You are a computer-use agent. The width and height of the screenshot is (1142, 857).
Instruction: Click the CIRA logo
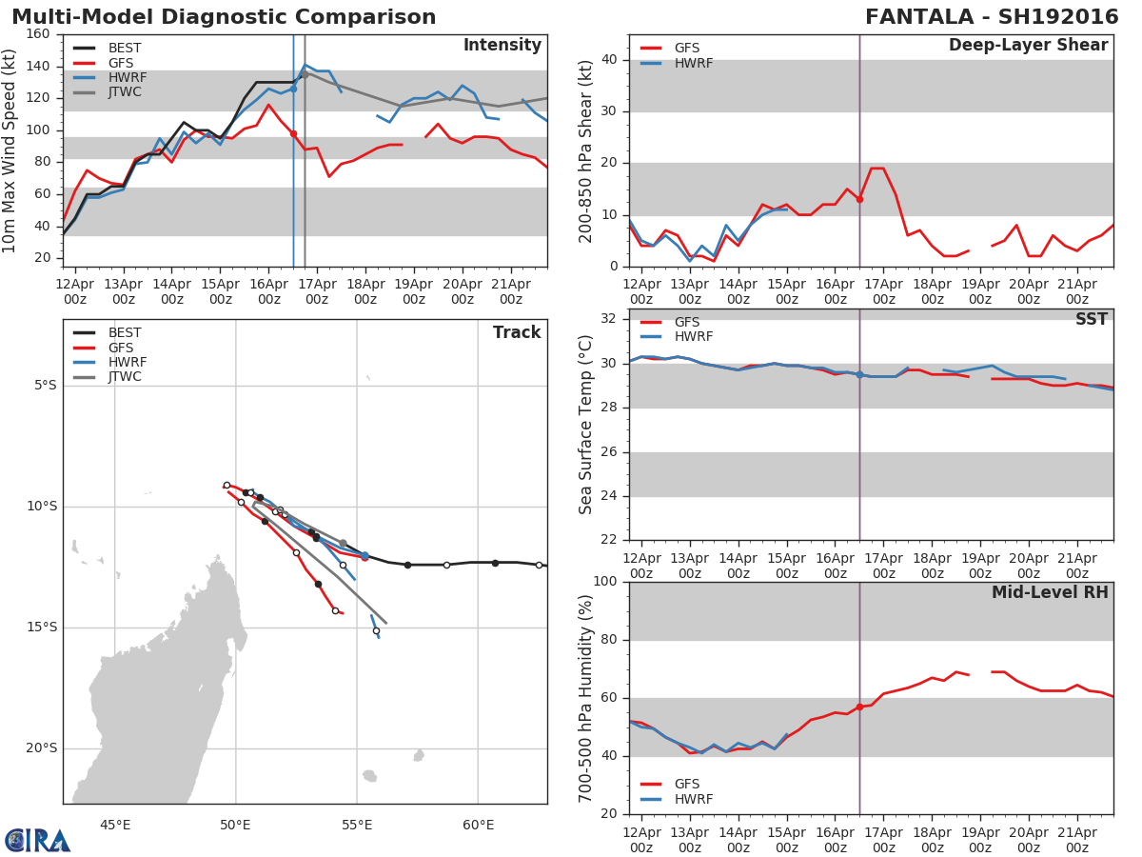point(38,840)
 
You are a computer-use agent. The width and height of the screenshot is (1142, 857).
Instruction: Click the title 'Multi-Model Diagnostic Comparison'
point(224,17)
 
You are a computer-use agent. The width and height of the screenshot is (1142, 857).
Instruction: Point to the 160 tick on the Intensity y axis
point(38,34)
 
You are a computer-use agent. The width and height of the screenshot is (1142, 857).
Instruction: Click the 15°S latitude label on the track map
point(40,627)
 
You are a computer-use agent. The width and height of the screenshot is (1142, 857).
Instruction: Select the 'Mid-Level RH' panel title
point(1050,592)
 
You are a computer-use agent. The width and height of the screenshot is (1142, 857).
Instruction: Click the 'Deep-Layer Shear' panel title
point(1028,46)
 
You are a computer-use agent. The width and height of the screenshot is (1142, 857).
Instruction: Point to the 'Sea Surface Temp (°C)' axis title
point(586,424)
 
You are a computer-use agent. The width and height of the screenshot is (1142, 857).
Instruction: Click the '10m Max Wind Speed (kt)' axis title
point(10,149)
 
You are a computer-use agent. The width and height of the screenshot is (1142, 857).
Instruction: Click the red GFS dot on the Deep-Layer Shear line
point(859,199)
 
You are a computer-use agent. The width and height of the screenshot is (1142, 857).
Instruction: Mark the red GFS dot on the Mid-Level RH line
point(859,707)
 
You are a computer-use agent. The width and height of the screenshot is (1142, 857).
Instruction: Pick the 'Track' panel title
point(516,332)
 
